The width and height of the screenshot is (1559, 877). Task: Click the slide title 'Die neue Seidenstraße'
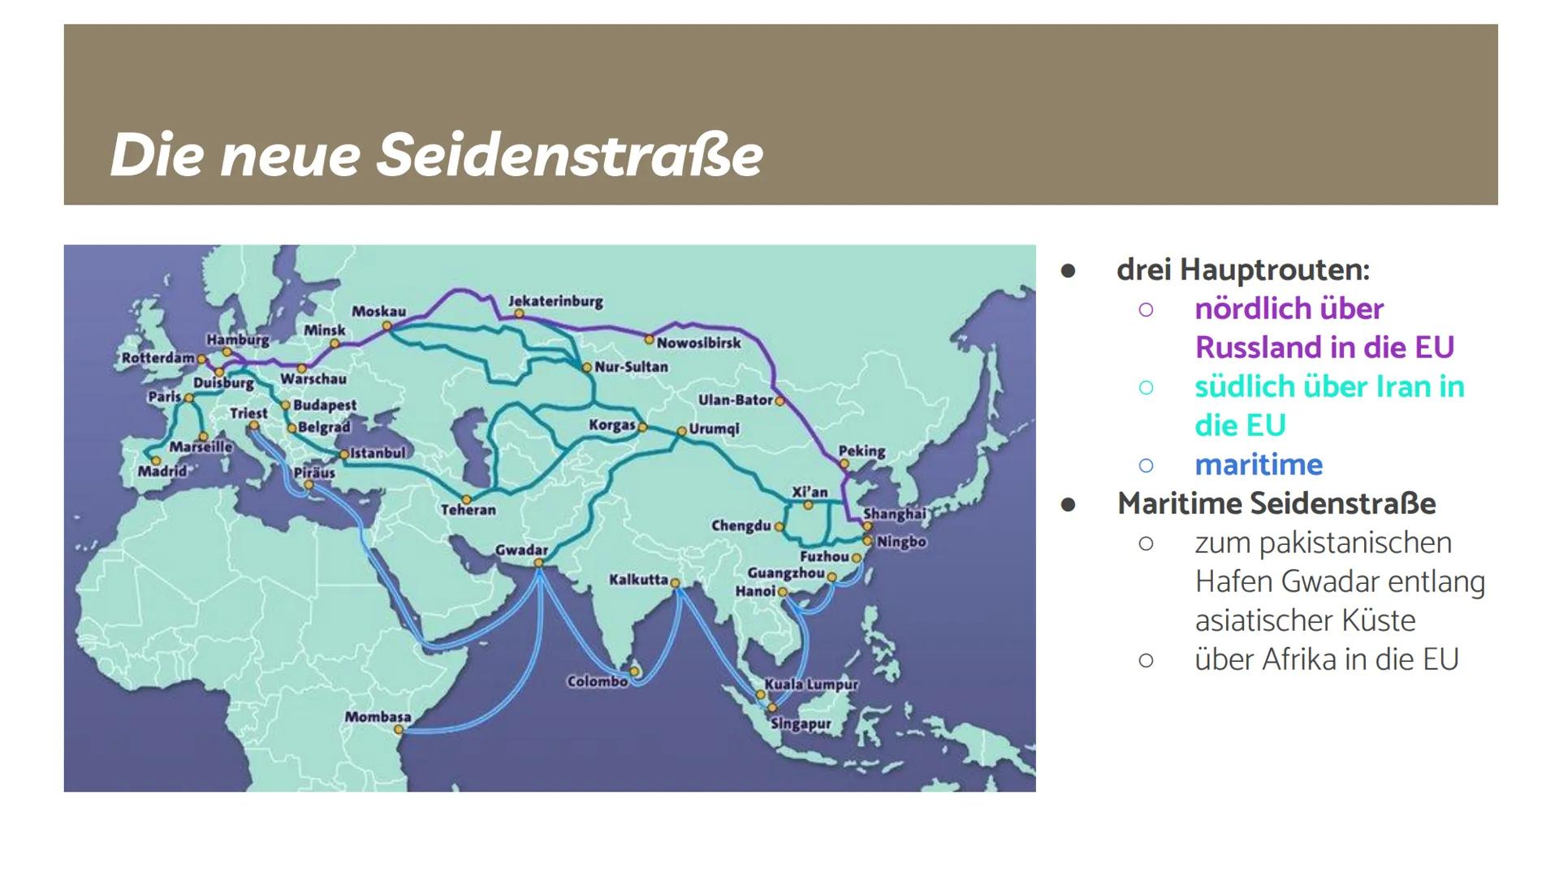pos(436,155)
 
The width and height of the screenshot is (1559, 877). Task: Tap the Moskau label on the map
pos(378,311)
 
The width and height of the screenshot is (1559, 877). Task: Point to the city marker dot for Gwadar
pos(538,563)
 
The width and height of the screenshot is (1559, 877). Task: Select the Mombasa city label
pos(378,717)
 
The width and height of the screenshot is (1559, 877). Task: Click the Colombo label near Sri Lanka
pos(597,681)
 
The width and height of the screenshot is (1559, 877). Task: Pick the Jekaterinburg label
pos(555,301)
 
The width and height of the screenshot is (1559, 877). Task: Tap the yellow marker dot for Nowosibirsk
pos(650,339)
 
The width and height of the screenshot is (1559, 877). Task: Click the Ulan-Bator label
pos(736,400)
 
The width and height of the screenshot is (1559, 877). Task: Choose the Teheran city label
pos(468,510)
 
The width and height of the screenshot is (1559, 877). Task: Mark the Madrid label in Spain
pos(162,471)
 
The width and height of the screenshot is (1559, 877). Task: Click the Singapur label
pos(801,724)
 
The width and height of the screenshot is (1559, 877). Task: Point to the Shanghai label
pos(894,514)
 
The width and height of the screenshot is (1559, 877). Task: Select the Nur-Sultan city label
pos(631,367)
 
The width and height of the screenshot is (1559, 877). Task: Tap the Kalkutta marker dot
pos(675,582)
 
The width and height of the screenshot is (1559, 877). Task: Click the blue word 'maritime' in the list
pos(1259,464)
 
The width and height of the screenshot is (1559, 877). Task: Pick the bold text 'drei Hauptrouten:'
pos(1242,270)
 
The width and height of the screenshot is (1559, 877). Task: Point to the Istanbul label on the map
pos(378,453)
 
